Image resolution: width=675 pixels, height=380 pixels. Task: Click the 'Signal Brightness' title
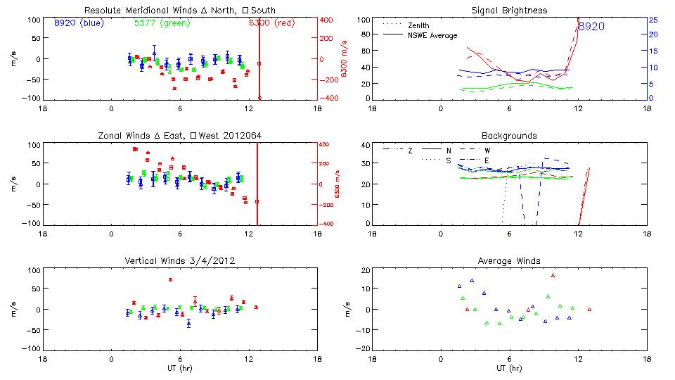[x=508, y=11]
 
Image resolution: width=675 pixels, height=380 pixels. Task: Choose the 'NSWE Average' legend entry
[x=432, y=35]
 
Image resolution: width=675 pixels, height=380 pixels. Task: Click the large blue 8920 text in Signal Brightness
[x=591, y=27]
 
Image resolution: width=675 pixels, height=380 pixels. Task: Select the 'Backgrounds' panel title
[x=509, y=135]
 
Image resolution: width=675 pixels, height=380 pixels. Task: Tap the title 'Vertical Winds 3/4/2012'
[x=179, y=260]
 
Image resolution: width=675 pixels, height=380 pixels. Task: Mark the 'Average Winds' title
[x=509, y=260]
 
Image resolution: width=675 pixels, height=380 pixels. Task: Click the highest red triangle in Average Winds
[x=553, y=275]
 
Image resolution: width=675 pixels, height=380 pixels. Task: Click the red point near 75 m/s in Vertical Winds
[x=170, y=279]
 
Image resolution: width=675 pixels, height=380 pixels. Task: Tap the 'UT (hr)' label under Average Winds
[x=509, y=368]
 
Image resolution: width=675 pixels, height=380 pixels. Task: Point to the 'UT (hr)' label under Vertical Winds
[x=179, y=368]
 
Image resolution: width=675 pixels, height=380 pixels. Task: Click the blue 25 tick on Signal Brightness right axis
[x=652, y=20]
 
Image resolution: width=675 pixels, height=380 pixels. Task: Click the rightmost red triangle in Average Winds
[x=589, y=309]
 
